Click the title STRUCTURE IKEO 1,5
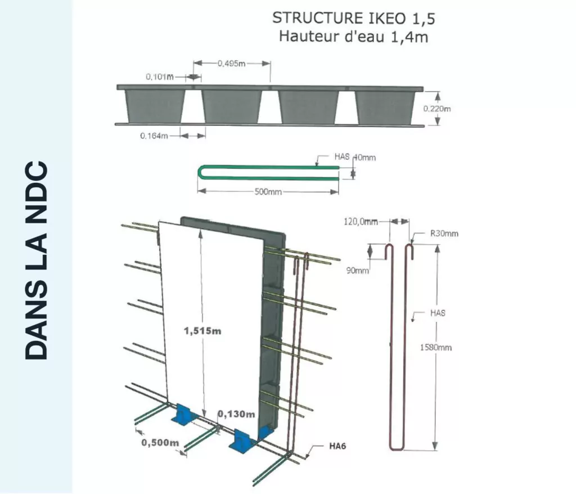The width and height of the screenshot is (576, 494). pos(353,19)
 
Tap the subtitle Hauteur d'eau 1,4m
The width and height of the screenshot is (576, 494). pos(353,38)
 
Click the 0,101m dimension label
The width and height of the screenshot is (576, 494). pos(159,77)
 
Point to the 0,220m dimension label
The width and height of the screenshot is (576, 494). pos(437,109)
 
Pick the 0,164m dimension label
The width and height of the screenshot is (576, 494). pos(154,136)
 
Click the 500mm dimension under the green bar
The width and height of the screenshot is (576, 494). pos(268,192)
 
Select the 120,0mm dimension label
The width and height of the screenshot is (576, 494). pos(361,222)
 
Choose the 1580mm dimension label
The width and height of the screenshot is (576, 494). pos(436,347)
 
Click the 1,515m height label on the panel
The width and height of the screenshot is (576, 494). pos(202,331)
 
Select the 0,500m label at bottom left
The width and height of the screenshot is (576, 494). pos(160,442)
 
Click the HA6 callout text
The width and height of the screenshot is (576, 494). pos(337,447)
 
